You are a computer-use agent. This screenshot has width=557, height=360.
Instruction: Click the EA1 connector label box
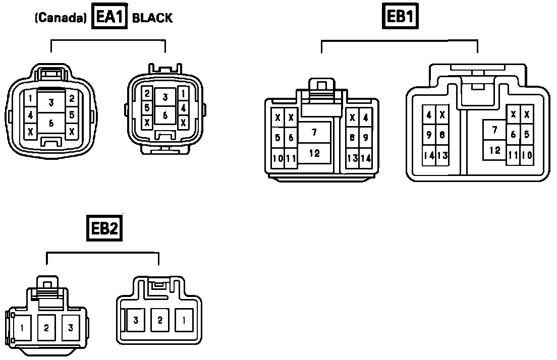[109, 18]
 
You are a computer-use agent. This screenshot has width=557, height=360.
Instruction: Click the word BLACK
[152, 18]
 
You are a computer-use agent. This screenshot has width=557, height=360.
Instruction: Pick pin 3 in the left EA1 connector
[51, 103]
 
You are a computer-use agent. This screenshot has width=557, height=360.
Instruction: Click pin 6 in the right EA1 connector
[165, 115]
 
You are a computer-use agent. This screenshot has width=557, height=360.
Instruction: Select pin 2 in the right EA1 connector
[147, 93]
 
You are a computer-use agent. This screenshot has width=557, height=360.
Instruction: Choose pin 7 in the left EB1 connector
[314, 133]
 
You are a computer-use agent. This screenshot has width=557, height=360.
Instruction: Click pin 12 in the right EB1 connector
[495, 150]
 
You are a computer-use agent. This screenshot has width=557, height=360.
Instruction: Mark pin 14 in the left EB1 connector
[365, 158]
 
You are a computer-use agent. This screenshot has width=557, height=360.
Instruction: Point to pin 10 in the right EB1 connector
[527, 155]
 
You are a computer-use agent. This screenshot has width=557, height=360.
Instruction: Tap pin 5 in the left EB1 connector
[277, 137]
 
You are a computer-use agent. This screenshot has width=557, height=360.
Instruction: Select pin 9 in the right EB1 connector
[428, 135]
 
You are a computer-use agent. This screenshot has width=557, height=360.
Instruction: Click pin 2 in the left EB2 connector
[46, 328]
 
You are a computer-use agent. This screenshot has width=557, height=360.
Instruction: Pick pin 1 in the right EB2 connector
[184, 319]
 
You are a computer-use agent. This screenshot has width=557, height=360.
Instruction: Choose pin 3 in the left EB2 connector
[71, 328]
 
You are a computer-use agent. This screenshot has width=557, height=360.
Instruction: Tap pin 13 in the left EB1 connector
[352, 158]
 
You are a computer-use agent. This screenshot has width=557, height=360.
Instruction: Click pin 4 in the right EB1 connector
[428, 115]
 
